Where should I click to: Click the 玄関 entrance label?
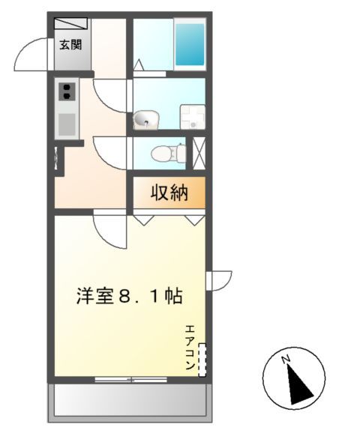tap(71, 43)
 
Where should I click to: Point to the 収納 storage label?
tap(169, 193)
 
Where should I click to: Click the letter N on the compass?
tap(286, 361)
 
